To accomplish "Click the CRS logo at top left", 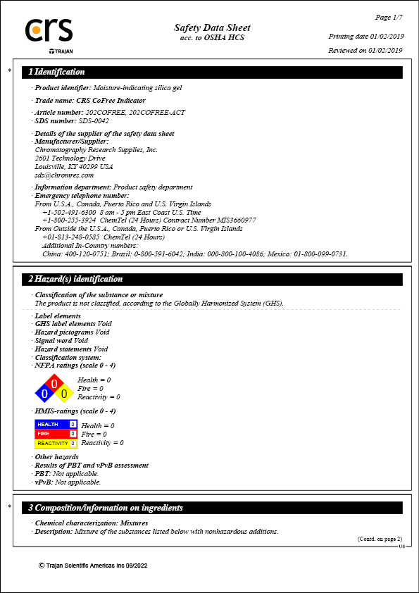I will tap(49, 31).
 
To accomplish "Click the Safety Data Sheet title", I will tap(212, 27).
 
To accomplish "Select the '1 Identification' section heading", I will tap(56, 72).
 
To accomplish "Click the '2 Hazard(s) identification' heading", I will tap(75, 279).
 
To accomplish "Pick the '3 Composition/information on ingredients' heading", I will tap(106, 508).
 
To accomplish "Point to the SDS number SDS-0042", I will tap(94, 120).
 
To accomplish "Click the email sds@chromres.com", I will tap(64, 175).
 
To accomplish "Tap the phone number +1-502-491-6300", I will tap(69, 212).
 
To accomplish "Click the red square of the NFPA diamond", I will tap(54, 384).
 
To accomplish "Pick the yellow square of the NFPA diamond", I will tap(64, 394).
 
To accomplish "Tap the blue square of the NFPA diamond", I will tap(44, 394).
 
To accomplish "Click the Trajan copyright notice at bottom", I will tap(93, 566).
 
